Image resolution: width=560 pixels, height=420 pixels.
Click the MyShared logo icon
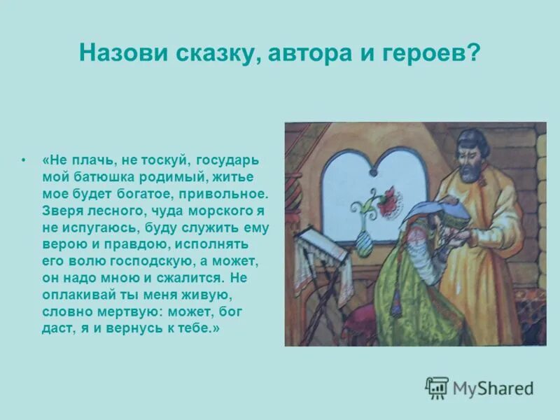pos(437,388)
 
